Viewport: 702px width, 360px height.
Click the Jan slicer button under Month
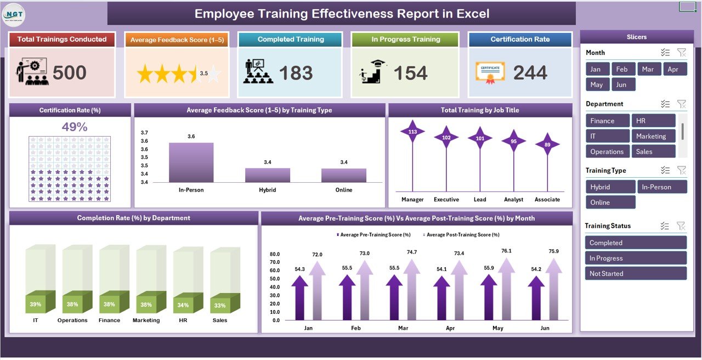click(596, 69)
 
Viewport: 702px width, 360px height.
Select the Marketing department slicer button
click(653, 136)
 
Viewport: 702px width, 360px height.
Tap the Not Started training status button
click(636, 273)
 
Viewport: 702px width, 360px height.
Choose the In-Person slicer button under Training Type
click(661, 187)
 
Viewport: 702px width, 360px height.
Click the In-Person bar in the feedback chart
click(191, 162)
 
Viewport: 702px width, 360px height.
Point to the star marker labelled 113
click(412, 132)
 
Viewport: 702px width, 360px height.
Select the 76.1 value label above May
click(506, 251)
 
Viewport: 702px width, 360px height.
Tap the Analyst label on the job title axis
click(513, 200)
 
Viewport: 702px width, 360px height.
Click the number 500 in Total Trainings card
click(69, 73)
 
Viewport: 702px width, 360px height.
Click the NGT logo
click(13, 13)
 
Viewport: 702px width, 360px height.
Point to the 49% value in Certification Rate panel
click(75, 127)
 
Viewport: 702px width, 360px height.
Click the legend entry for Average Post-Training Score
click(462, 235)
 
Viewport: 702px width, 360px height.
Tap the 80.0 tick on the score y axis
click(275, 255)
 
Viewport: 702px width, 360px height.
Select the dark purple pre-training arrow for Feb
click(347, 296)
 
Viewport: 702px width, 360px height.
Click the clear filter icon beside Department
click(682, 104)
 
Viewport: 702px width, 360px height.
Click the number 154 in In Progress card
click(410, 73)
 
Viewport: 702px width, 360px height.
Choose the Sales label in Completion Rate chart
click(220, 320)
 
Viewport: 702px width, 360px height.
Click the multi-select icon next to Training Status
click(665, 226)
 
